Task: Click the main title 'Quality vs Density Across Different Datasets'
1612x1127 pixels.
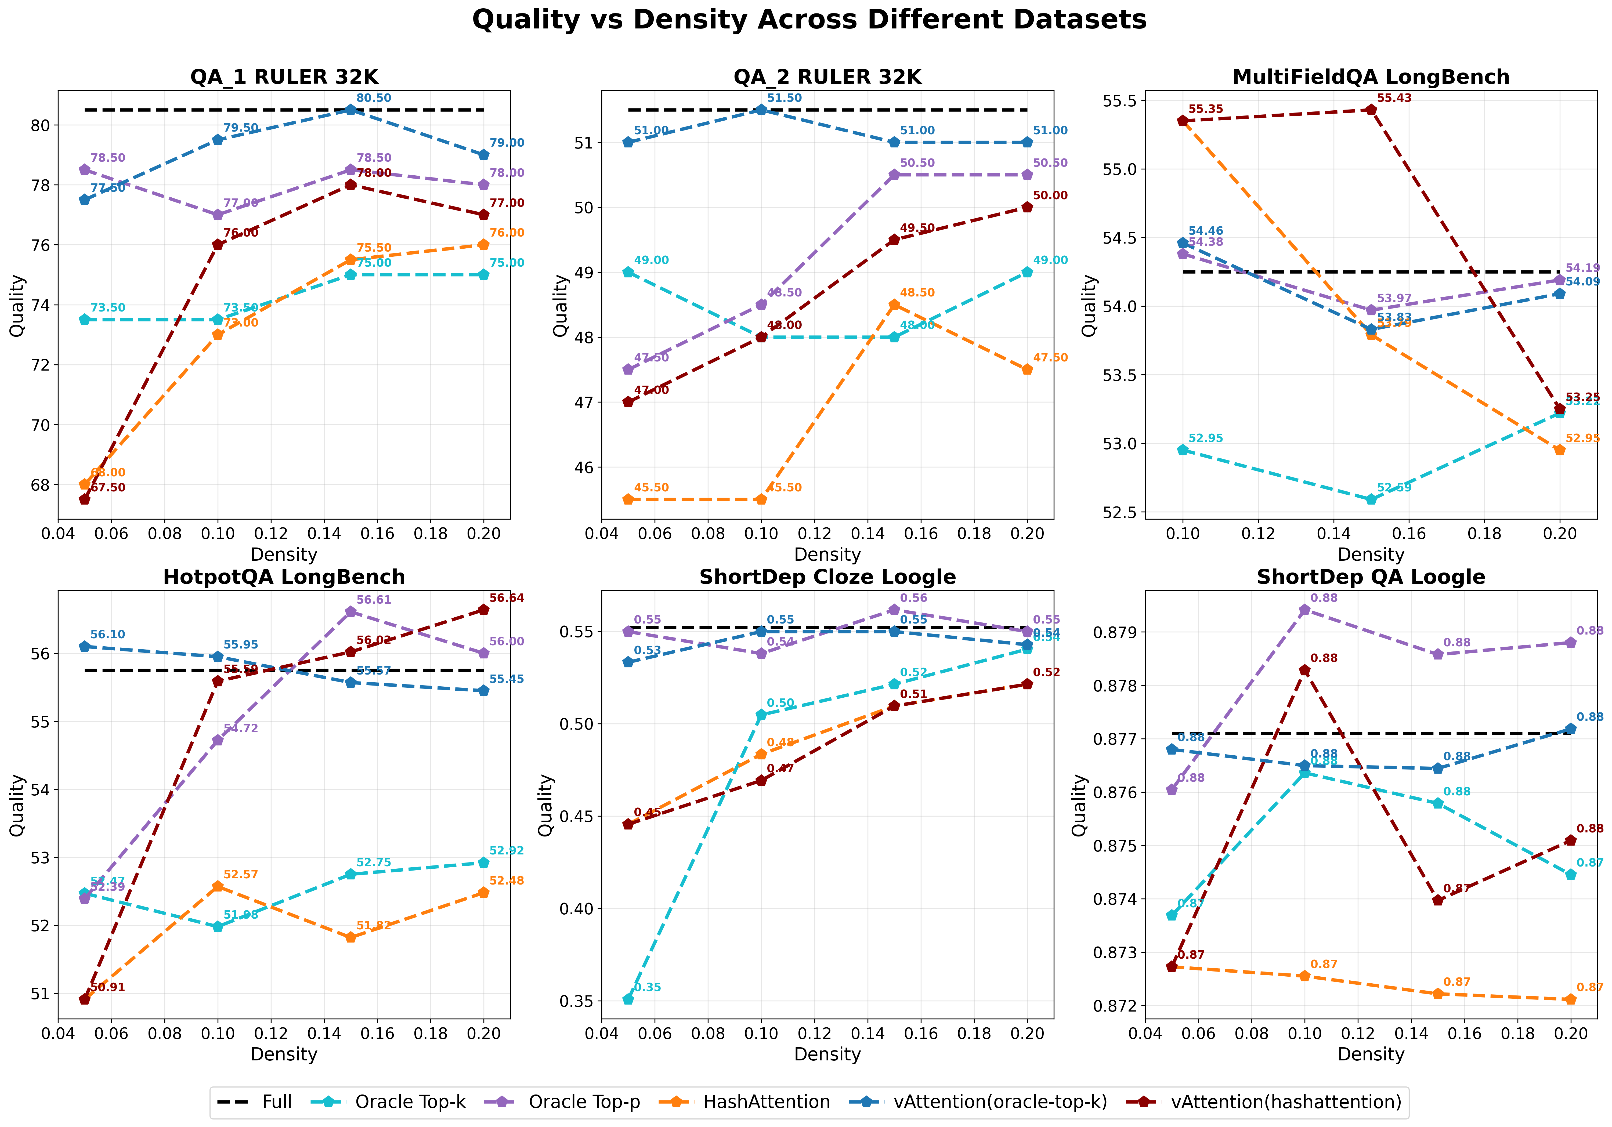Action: [809, 20]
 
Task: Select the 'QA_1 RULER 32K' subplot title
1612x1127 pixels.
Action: [284, 77]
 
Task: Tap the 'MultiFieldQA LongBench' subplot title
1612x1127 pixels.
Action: [1371, 77]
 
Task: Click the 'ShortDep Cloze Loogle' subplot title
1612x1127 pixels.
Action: [827, 577]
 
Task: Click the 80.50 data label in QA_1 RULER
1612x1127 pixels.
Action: [374, 98]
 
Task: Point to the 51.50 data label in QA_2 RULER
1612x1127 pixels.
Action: [784, 98]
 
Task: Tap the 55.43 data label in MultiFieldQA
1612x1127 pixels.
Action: [1394, 98]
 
